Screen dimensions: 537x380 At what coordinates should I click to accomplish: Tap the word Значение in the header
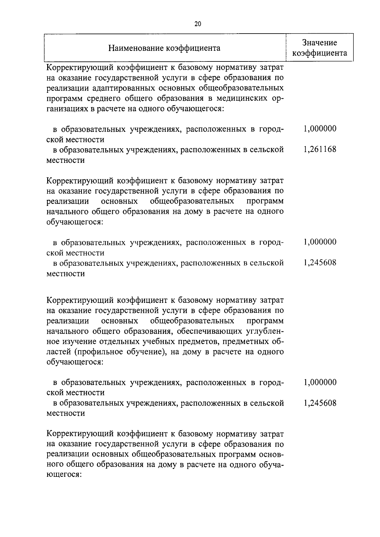pos(319,43)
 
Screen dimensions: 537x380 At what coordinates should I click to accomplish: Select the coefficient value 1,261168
pos(320,149)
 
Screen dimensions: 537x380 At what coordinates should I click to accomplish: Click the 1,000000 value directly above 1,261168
pos(320,129)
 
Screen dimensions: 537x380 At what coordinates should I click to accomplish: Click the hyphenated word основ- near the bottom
pos(271,454)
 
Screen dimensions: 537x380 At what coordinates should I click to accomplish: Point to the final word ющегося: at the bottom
pos(64,475)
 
